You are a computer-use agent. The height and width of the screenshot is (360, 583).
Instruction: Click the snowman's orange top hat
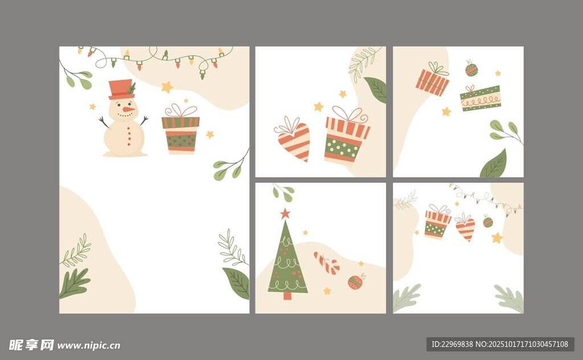click(121, 89)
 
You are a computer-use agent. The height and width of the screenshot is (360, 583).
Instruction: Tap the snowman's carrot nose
click(129, 109)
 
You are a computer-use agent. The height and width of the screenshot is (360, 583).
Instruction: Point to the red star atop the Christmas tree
click(285, 214)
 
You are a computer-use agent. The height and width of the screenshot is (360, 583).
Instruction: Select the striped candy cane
click(327, 263)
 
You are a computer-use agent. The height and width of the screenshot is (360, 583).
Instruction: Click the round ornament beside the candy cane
click(355, 281)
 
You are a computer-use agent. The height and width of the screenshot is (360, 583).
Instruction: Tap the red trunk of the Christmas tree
click(288, 296)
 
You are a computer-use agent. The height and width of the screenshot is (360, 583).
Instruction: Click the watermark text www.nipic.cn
click(89, 346)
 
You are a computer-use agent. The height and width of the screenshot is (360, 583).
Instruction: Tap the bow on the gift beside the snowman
click(180, 111)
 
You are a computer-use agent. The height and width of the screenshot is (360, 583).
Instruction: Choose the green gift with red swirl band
click(481, 98)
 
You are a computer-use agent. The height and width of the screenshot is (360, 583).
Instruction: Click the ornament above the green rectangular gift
click(471, 69)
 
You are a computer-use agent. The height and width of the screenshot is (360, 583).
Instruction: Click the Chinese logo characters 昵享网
click(31, 345)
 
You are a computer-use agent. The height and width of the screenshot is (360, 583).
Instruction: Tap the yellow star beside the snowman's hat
click(167, 87)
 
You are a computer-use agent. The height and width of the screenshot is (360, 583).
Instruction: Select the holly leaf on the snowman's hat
click(132, 88)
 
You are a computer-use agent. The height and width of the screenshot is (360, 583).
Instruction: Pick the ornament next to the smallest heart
click(488, 222)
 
